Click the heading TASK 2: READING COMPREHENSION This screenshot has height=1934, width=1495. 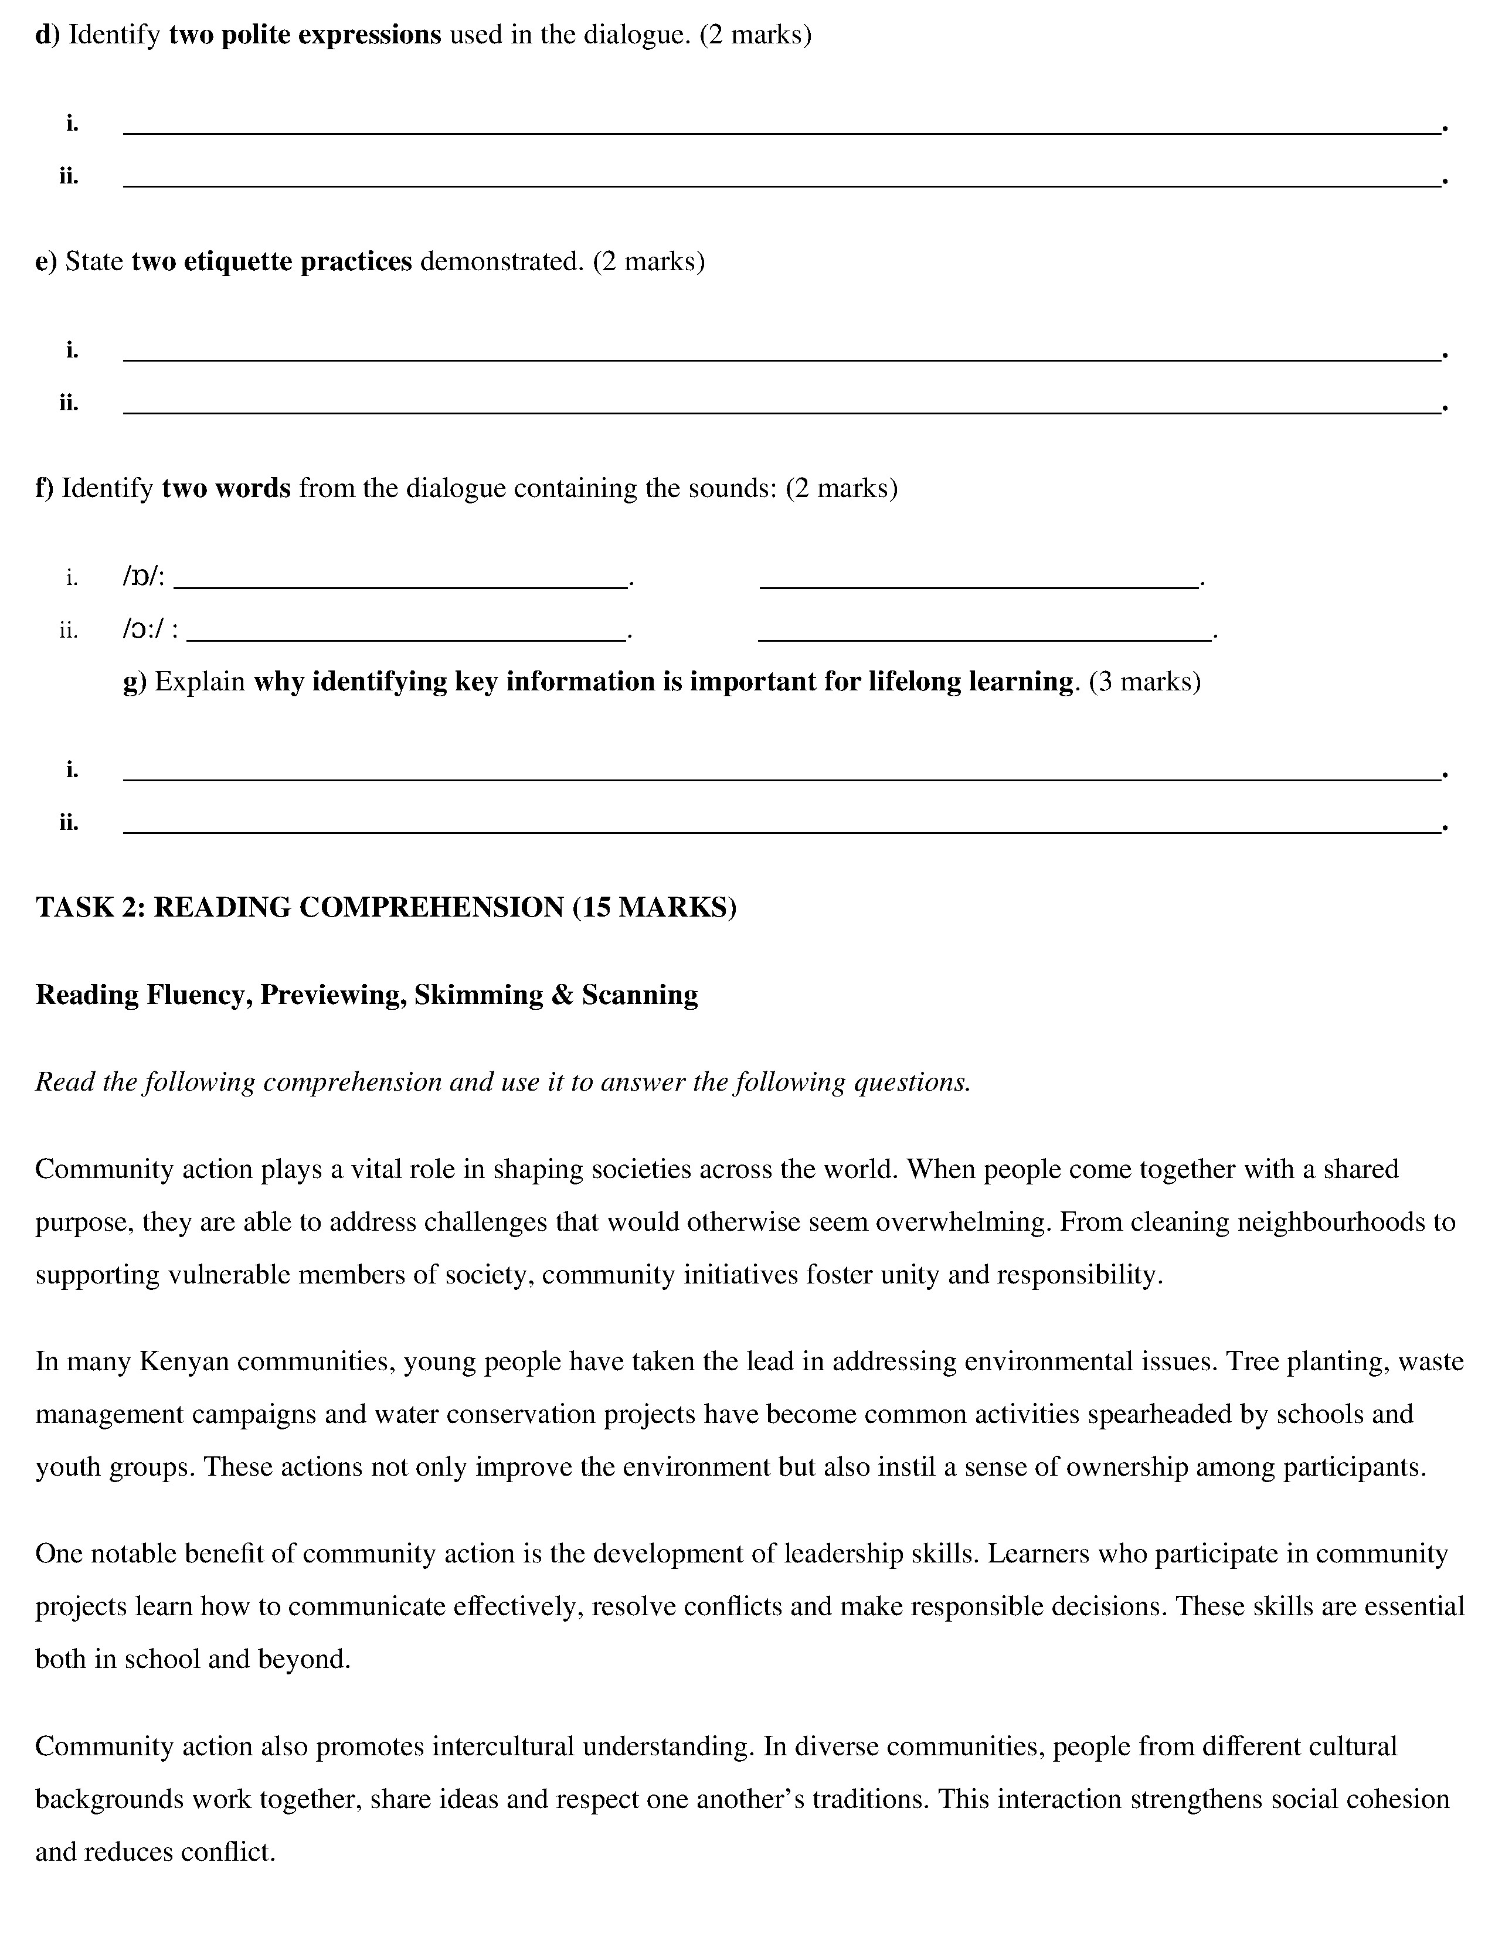301,908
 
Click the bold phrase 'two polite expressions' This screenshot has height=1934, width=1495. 305,35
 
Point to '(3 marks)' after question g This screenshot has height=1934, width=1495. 1144,682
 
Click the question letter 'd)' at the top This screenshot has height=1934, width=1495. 47,35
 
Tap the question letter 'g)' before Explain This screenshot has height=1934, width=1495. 135,682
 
